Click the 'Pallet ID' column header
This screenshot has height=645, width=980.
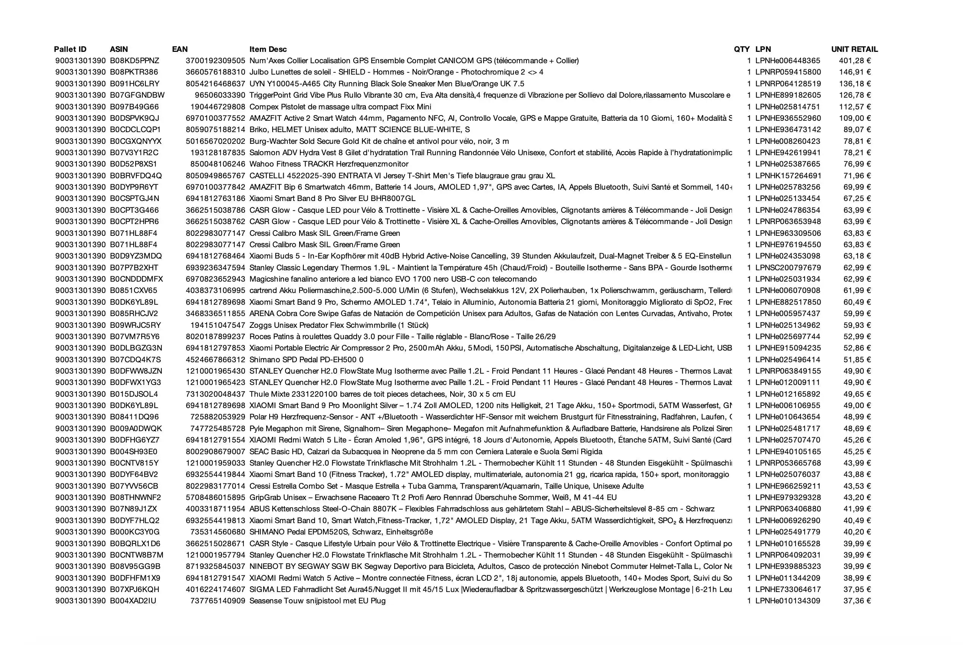[70, 49]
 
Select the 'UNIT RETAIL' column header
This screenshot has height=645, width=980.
[854, 49]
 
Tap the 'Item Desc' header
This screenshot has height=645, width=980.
[268, 49]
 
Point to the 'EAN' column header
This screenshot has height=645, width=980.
[179, 49]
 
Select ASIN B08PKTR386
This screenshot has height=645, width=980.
[134, 72]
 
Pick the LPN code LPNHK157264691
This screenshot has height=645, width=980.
[788, 176]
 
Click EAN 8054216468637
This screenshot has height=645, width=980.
[215, 84]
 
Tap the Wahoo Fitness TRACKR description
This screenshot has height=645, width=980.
[329, 164]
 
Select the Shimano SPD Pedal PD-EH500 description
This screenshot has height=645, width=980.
[306, 360]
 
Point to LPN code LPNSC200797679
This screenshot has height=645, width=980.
[788, 268]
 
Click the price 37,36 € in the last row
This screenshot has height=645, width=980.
[857, 601]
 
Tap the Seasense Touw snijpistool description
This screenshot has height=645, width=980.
[317, 601]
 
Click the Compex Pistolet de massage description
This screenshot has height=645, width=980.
[340, 107]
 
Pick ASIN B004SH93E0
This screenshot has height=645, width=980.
[133, 452]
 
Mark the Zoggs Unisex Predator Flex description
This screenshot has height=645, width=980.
[339, 325]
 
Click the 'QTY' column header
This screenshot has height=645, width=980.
[741, 49]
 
